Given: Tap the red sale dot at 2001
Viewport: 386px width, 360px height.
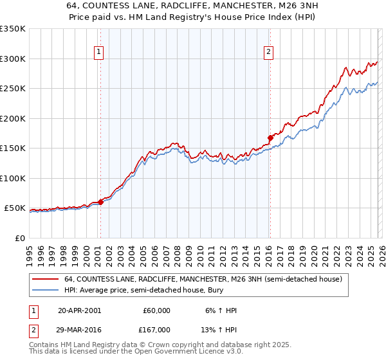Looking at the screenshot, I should point(100,202).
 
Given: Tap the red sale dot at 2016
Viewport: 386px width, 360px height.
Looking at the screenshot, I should point(270,137).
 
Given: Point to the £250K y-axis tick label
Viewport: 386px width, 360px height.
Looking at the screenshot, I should point(13,89).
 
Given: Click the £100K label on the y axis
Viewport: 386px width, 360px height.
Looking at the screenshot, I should point(13,178).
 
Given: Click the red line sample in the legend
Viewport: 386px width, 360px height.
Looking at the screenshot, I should point(46,279).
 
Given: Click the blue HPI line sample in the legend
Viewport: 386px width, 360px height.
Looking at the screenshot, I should point(46,290).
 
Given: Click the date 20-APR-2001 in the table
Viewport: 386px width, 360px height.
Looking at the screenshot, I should point(79,310).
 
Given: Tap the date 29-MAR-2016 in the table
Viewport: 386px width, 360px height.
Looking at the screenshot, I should point(79,329).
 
